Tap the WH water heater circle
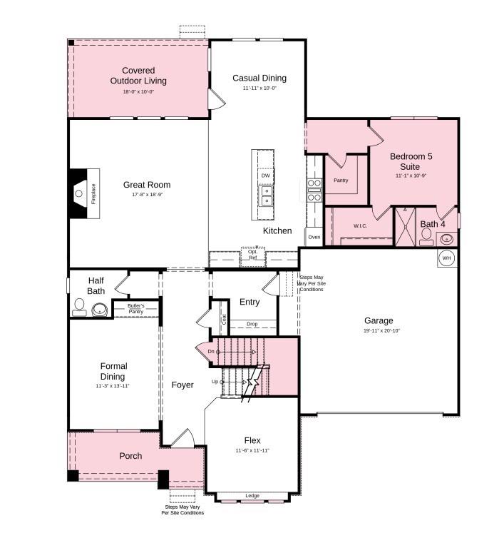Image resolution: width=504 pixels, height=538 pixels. pos(447,258)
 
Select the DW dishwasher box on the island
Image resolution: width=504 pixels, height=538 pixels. pos(265,175)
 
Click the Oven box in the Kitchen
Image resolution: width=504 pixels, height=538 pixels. pos(314,237)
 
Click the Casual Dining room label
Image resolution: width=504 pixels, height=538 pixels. pos(259,78)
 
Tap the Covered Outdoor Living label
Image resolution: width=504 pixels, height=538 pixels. pos(138,76)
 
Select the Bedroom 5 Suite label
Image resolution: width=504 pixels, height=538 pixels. pos(411,161)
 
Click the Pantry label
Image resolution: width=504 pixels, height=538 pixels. pos(341,181)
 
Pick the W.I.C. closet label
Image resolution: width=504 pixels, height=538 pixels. pos(360,226)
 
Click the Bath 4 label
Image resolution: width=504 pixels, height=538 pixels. pos(433,224)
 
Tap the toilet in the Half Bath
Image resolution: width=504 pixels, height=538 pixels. pos(79,308)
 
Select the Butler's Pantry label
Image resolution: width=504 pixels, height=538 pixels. pos(135,308)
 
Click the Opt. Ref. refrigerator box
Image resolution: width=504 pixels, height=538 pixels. pos(252,255)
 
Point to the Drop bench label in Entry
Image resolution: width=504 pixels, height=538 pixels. pos(252,324)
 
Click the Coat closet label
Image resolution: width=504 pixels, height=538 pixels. pos(224,320)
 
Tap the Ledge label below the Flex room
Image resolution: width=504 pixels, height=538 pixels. pos(252,496)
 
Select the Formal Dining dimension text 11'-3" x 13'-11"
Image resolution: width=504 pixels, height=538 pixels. pos(113,385)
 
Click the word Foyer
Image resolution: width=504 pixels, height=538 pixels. pos(182,385)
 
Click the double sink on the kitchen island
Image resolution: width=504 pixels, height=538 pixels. pos(265,195)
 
